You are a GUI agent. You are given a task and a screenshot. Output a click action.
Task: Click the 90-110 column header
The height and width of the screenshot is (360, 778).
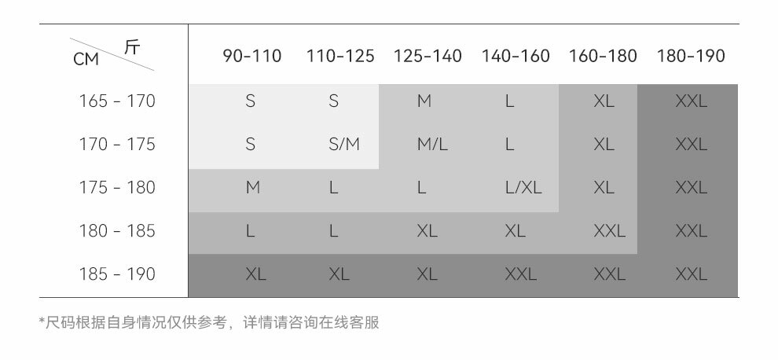point(251,57)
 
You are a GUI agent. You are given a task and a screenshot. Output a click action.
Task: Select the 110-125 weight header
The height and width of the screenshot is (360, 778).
point(340,57)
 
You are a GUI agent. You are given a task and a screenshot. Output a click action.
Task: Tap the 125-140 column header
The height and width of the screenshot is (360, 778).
point(428,57)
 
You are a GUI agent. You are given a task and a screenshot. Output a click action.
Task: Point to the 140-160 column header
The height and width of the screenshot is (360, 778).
point(516,57)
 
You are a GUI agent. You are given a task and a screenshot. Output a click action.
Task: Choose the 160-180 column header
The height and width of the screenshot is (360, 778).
point(603,57)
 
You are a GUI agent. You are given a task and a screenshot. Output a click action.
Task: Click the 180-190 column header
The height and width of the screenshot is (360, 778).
point(691,57)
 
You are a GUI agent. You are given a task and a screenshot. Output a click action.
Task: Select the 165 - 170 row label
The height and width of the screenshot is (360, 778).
point(117,101)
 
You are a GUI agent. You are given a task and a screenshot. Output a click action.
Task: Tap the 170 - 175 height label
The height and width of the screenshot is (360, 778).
point(117,145)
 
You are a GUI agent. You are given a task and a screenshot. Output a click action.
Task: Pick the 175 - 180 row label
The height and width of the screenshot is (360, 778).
point(117,188)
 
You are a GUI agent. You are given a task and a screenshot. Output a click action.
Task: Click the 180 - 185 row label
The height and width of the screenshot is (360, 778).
point(117,231)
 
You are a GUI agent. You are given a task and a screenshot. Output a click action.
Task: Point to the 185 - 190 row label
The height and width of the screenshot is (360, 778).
point(117,274)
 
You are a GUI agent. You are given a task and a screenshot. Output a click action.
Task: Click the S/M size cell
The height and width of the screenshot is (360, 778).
point(344,145)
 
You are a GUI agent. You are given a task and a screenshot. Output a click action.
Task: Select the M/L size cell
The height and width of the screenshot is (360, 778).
point(432,145)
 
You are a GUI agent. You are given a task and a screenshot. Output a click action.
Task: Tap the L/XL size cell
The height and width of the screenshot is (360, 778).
point(523,188)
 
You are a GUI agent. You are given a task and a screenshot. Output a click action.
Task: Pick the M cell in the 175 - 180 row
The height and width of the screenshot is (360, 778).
point(252,188)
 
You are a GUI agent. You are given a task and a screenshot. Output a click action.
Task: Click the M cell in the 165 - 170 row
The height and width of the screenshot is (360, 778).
point(424,101)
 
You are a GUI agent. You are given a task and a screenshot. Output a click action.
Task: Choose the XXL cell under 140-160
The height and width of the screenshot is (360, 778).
point(520,274)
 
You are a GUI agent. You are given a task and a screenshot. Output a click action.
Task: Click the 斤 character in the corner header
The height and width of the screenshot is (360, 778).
point(132,47)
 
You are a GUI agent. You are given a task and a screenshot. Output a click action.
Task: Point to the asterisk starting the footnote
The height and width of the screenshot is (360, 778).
point(42,321)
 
